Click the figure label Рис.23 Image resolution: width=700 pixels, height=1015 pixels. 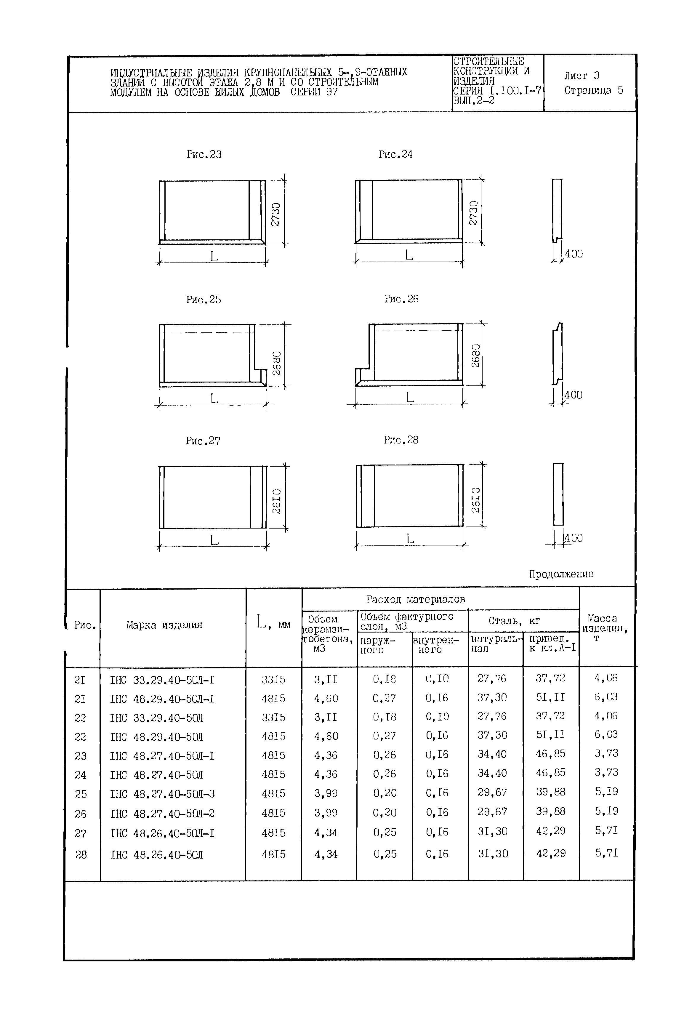[x=204, y=154]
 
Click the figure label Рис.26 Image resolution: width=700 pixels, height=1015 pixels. [x=401, y=299]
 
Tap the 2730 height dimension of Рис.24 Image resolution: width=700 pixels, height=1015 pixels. [x=473, y=213]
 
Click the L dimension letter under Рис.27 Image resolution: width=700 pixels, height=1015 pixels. [x=214, y=540]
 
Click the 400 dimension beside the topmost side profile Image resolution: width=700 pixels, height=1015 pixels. [x=574, y=254]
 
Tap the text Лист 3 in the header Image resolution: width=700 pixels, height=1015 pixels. [x=582, y=76]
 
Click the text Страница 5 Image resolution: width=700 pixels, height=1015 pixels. [x=593, y=90]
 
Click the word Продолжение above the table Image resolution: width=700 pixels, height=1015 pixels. [x=561, y=574]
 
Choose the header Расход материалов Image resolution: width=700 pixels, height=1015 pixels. [x=415, y=599]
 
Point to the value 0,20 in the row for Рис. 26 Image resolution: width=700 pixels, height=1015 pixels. [x=384, y=813]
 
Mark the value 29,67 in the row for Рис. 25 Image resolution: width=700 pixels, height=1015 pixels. [x=492, y=793]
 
